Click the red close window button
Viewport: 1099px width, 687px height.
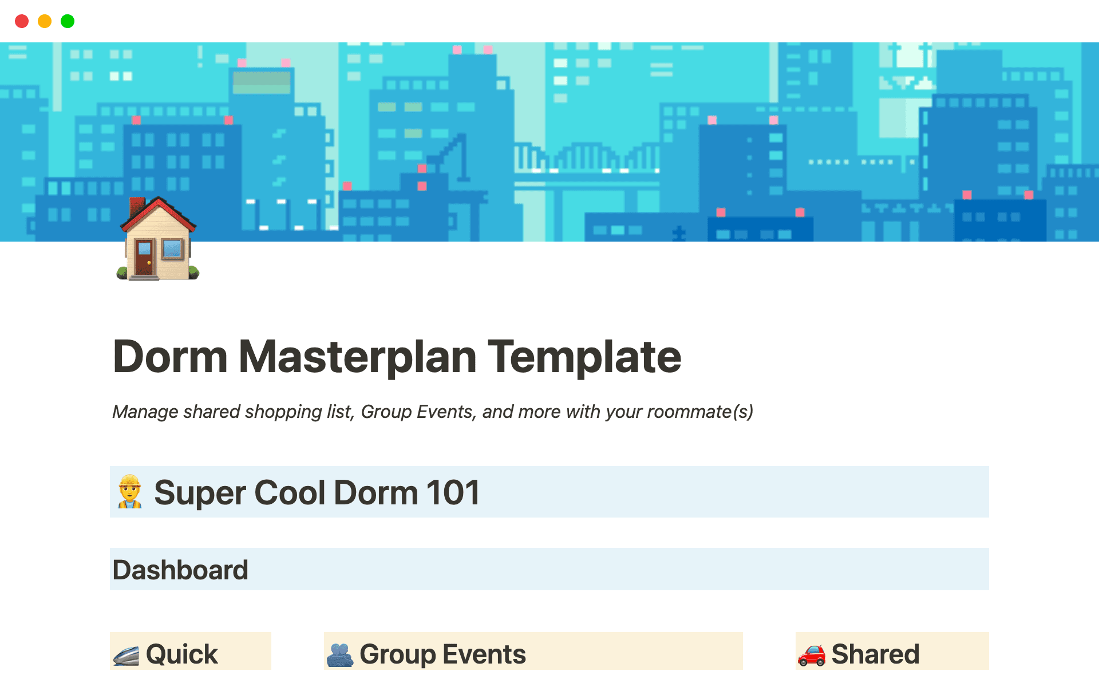click(22, 21)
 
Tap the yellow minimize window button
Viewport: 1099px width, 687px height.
click(45, 21)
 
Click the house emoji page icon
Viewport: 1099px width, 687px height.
click(158, 239)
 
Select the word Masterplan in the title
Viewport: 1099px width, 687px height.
click(357, 357)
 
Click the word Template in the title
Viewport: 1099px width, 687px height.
click(584, 357)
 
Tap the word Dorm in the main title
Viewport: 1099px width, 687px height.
click(170, 357)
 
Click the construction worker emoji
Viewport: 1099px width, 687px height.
click(130, 491)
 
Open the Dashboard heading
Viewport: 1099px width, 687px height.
click(180, 570)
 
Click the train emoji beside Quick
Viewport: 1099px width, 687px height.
click(126, 656)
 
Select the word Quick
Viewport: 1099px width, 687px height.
click(182, 654)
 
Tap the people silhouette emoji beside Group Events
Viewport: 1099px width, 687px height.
click(340, 656)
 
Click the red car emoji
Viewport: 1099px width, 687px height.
click(812, 656)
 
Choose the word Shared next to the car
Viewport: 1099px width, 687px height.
click(875, 654)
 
